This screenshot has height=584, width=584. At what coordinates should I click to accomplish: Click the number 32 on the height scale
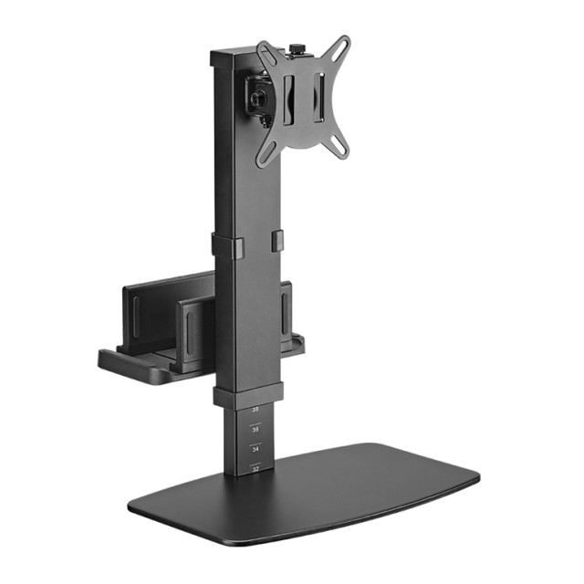click(x=255, y=468)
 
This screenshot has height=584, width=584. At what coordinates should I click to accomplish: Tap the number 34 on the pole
click(x=255, y=449)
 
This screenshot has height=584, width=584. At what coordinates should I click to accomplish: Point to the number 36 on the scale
click(x=255, y=428)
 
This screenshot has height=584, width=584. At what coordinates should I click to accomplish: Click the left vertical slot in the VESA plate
click(x=289, y=98)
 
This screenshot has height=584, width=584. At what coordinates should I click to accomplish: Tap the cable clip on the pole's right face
click(x=277, y=241)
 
